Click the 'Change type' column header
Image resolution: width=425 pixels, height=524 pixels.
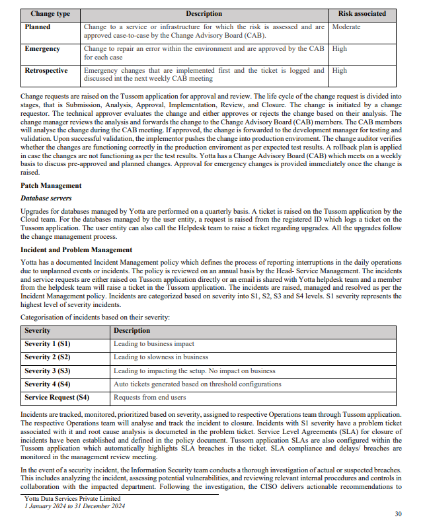click(x=51, y=13)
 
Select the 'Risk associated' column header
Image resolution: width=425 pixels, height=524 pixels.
click(x=362, y=13)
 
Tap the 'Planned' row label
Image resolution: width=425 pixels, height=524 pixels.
click(x=38, y=27)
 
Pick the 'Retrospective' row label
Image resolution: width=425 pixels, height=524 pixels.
click(x=46, y=70)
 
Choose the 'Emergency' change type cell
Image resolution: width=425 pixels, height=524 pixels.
click(x=42, y=49)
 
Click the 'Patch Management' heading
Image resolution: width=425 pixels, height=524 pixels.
click(x=51, y=185)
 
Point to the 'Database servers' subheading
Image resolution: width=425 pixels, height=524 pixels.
click(x=46, y=198)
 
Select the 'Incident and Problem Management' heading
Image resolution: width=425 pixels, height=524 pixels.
click(x=77, y=249)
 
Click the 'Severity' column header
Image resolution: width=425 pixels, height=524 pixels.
click(x=38, y=330)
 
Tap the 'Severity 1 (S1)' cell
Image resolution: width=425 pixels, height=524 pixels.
click(x=48, y=344)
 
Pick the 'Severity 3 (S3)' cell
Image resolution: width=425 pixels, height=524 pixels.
click(x=48, y=371)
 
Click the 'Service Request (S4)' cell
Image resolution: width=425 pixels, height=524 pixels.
click(x=57, y=398)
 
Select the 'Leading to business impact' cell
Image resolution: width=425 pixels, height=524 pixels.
click(x=154, y=344)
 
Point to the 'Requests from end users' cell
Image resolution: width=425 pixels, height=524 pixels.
click(x=151, y=398)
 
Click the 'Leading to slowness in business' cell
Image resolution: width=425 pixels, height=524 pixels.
click(x=161, y=357)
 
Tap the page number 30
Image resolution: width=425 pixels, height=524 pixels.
click(x=398, y=513)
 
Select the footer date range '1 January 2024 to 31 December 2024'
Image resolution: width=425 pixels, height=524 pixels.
click(x=74, y=506)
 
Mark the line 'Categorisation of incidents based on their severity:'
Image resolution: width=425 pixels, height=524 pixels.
click(x=95, y=318)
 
